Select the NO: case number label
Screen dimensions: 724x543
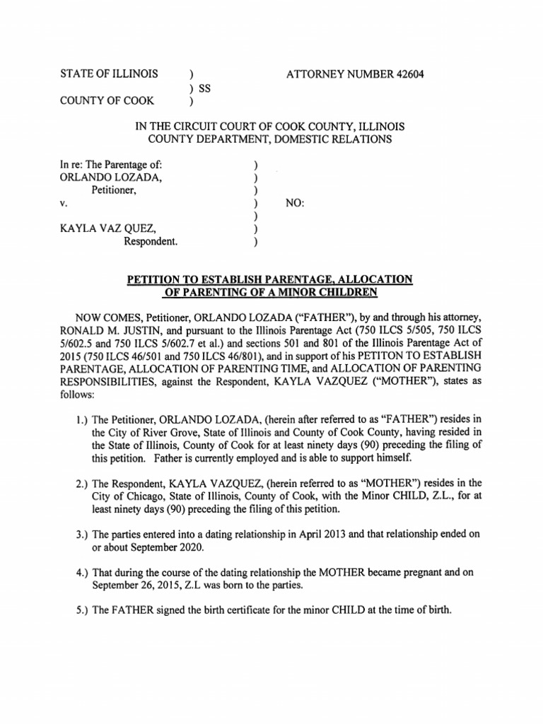coord(294,203)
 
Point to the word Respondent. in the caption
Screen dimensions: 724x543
coord(151,241)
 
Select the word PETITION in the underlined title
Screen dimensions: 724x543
coord(153,280)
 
